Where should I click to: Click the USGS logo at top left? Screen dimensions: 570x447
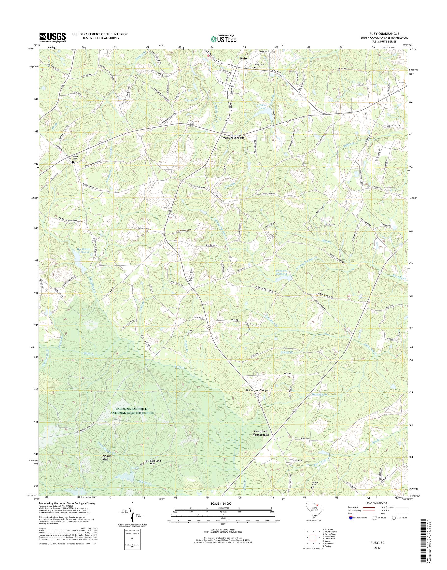coord(52,37)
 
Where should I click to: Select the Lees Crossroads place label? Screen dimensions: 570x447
coord(233,137)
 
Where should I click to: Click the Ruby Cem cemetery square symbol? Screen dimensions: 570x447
coord(255,68)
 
